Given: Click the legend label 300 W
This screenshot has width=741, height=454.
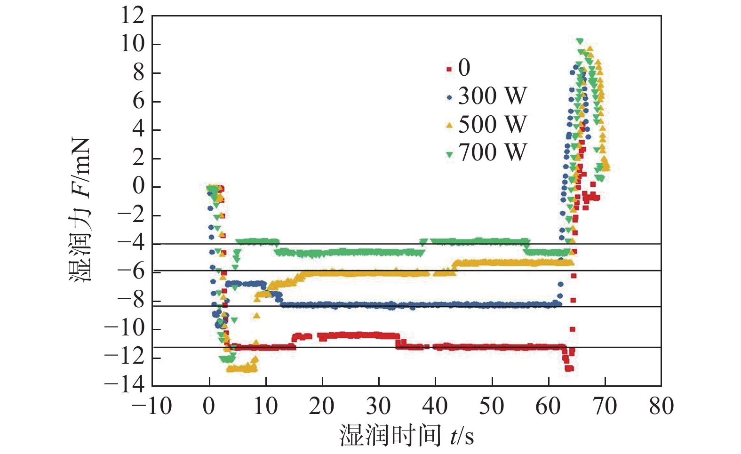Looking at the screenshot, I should point(492,96).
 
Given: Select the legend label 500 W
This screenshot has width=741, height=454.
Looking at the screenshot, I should point(492,124).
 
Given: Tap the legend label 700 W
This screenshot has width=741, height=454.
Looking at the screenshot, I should point(492,152).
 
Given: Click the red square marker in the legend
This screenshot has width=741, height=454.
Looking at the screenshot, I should point(449,69).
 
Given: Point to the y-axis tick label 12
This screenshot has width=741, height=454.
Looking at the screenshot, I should point(132,16).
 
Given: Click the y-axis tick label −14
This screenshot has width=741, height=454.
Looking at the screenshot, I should point(125,385).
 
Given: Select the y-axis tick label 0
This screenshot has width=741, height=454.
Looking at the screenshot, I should point(138,186).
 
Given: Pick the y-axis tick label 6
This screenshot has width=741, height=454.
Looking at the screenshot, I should point(138,101).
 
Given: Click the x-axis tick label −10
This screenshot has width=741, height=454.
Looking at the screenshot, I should point(152,406).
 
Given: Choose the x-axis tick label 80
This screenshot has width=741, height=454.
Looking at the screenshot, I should point(661,406).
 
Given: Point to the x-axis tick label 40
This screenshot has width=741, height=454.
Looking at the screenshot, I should point(435,406).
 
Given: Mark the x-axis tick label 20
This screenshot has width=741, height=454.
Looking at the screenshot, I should point(322,406).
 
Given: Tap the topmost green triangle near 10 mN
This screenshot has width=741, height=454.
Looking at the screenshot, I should point(580,41).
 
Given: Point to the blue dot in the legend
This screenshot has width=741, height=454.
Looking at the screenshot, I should point(449,98).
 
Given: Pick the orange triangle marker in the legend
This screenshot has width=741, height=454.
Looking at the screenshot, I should point(449,125).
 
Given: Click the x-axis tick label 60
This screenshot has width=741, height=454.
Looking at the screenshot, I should point(548,406).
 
